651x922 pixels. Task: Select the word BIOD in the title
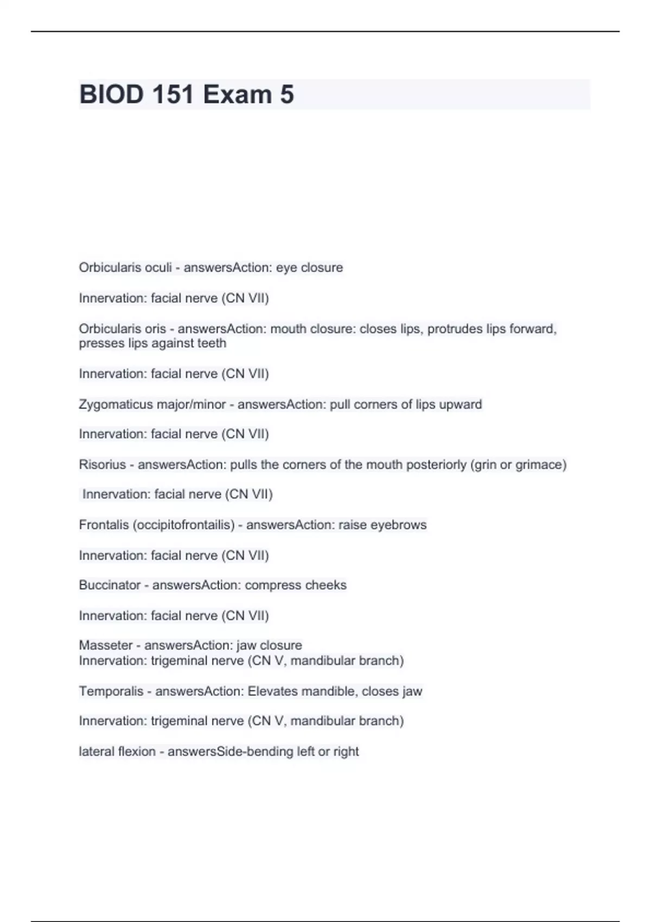coord(111,94)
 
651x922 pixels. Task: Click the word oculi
coord(157,267)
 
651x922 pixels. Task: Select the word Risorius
coord(102,464)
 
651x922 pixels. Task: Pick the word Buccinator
coord(110,585)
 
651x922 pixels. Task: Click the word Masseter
coord(106,645)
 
